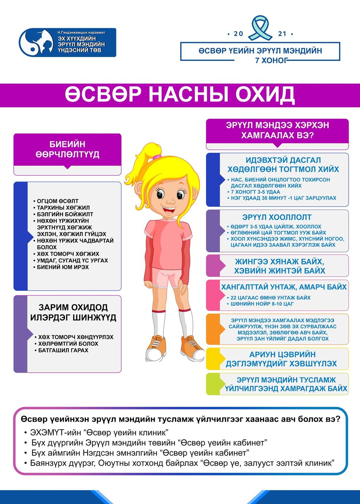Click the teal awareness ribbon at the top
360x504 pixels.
coord(261,28)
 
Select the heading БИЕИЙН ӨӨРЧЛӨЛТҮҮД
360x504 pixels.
coord(67,149)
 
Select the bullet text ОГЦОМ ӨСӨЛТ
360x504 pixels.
coord(58,201)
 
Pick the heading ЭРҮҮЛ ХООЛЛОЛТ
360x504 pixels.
coord(277,217)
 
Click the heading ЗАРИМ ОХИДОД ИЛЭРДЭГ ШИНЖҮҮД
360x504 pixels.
coord(73,312)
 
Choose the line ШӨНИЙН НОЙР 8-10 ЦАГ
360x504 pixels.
coord(262,304)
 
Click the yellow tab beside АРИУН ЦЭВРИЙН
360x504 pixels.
coord(212,359)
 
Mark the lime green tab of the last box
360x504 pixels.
coord(212,384)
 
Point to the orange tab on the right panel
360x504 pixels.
coord(212,329)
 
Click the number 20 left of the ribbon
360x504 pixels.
coord(238,34)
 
